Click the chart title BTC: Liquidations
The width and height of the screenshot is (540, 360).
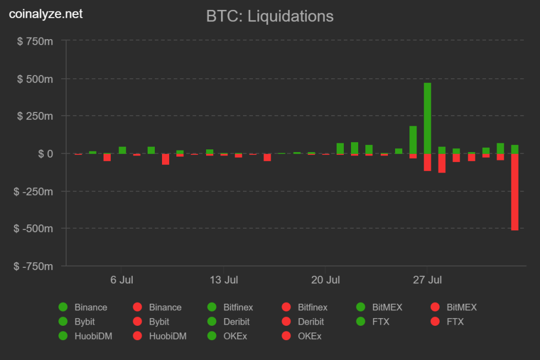click(x=269, y=16)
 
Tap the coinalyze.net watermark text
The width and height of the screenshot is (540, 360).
click(x=46, y=14)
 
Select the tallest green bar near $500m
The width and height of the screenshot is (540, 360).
click(x=427, y=118)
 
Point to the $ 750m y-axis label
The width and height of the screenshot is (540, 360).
click(x=35, y=41)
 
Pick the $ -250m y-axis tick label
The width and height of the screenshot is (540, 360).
click(x=34, y=191)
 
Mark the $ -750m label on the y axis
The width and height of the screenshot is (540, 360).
click(x=34, y=266)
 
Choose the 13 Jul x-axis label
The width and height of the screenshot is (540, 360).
click(x=224, y=280)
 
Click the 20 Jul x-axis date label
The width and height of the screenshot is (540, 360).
click(x=325, y=280)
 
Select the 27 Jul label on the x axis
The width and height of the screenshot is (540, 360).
click(x=427, y=280)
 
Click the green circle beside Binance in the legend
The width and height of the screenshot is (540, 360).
click(x=63, y=307)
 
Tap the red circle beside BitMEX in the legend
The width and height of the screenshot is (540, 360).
click(x=435, y=307)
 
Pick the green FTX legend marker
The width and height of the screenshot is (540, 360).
click(x=361, y=321)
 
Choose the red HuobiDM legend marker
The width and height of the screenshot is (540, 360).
click(x=137, y=336)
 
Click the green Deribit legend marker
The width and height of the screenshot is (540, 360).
click(x=212, y=321)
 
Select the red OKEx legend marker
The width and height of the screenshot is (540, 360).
click(x=286, y=336)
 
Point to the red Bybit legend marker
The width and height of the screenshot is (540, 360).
click(x=137, y=321)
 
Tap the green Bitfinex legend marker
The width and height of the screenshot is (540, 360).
click(x=212, y=307)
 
